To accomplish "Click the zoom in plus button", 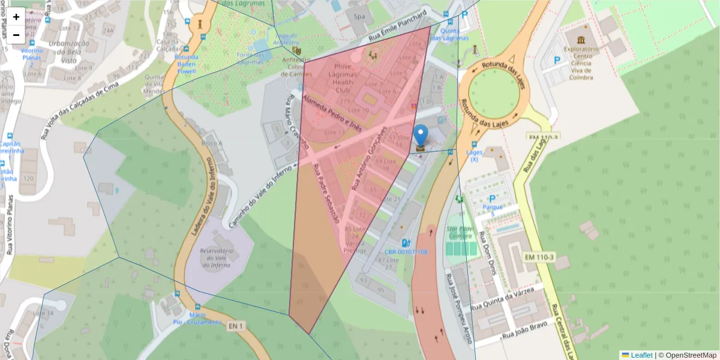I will [x=16, y=17].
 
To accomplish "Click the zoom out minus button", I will [x=16, y=35].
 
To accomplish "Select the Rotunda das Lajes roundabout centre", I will [x=493, y=91].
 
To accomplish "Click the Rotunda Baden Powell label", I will [x=185, y=64].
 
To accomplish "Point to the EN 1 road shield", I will [x=236, y=326].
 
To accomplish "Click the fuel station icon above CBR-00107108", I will [x=406, y=243].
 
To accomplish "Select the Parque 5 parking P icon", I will [x=492, y=199].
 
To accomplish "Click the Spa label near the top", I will [x=360, y=17].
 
